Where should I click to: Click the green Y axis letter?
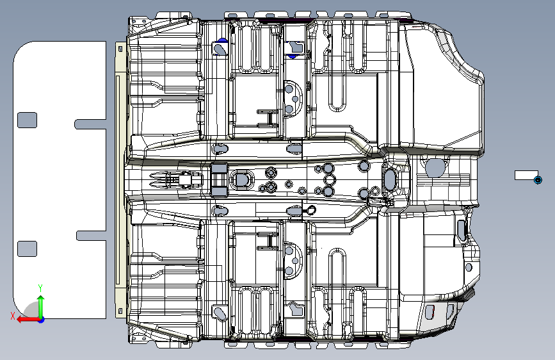(x=40, y=288)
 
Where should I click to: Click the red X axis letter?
(x=12, y=316)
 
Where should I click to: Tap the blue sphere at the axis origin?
(x=40, y=318)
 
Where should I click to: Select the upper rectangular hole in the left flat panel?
(x=27, y=120)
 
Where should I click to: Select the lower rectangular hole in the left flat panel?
(x=27, y=249)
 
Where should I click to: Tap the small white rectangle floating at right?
(x=526, y=176)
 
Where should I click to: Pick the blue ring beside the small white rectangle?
(x=538, y=179)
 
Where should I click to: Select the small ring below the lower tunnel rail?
(x=310, y=209)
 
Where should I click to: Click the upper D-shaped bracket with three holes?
(x=292, y=98)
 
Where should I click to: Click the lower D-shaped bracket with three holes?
(x=293, y=261)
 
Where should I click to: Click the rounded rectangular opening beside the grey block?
(x=243, y=179)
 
